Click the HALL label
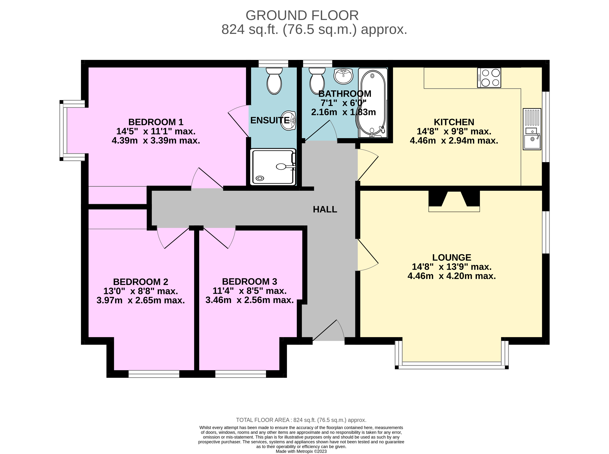point(325,209)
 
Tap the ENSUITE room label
point(270,120)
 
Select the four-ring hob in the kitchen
point(489,78)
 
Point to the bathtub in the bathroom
point(373,103)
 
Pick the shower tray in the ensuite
point(273,167)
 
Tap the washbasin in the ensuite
point(288,120)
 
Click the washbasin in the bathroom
point(343,76)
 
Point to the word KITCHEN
point(454,122)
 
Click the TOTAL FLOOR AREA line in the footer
point(301,420)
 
